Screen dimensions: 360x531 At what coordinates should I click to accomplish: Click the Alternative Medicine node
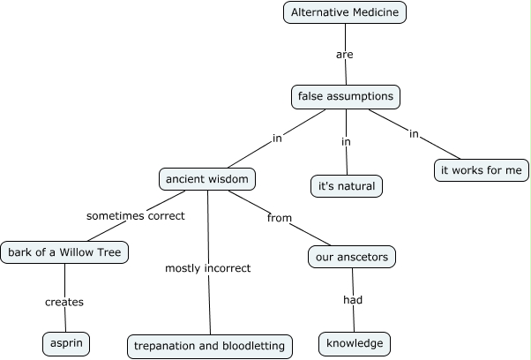pyautogui.click(x=345, y=12)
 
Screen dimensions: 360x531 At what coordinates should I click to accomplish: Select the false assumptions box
pyautogui.click(x=345, y=96)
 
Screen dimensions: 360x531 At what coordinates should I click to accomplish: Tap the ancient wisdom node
pyautogui.click(x=208, y=179)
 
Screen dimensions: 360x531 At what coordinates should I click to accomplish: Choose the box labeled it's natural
pyautogui.click(x=347, y=186)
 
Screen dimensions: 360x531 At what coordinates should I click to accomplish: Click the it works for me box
pyautogui.click(x=482, y=169)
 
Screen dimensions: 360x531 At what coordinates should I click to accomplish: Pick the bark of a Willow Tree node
pyautogui.click(x=65, y=253)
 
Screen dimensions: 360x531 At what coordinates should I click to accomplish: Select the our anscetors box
pyautogui.click(x=351, y=258)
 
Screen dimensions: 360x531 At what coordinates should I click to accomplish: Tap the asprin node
pyautogui.click(x=65, y=342)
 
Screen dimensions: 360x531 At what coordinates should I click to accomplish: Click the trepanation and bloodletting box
pyautogui.click(x=210, y=346)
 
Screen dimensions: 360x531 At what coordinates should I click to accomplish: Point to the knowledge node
pyautogui.click(x=354, y=343)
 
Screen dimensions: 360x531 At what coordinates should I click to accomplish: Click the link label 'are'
pyautogui.click(x=345, y=55)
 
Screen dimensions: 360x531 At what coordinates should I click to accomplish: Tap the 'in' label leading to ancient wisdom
pyautogui.click(x=277, y=138)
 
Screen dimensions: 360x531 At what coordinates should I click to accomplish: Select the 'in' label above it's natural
pyautogui.click(x=346, y=141)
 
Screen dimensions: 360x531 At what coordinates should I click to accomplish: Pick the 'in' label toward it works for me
pyautogui.click(x=413, y=133)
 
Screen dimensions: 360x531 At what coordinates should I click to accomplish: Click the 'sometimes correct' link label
pyautogui.click(x=135, y=215)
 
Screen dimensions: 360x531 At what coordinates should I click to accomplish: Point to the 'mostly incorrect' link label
pyautogui.click(x=208, y=267)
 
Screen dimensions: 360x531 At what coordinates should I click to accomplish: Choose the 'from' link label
pyautogui.click(x=279, y=218)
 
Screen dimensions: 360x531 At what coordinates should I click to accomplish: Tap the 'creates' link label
pyautogui.click(x=64, y=302)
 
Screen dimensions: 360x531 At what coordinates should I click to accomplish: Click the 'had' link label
pyautogui.click(x=353, y=299)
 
